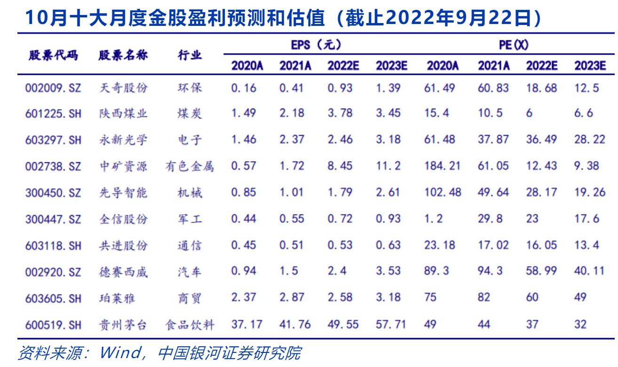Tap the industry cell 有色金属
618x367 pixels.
click(x=190, y=167)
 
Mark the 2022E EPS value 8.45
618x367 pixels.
click(x=340, y=167)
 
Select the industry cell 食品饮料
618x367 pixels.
click(x=190, y=325)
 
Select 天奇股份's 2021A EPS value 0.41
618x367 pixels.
click(x=291, y=88)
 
